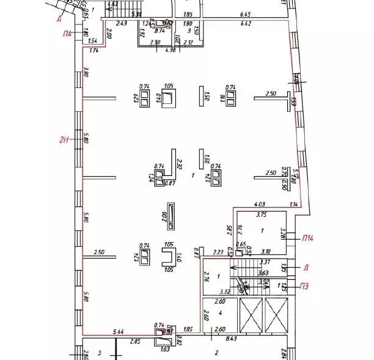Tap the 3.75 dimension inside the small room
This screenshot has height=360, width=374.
(x=262, y=215)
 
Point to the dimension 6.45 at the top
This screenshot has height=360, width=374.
(x=246, y=14)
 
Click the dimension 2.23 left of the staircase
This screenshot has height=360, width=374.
(x=217, y=252)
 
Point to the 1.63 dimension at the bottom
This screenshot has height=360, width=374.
(x=164, y=350)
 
